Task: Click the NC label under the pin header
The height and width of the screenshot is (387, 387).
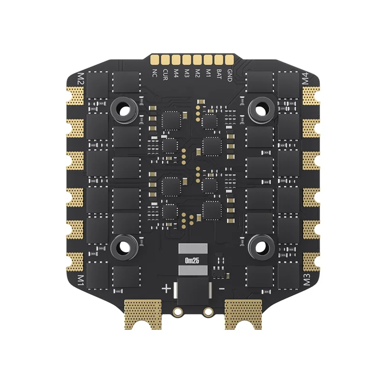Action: (155, 73)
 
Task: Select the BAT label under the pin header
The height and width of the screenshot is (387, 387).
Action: (219, 74)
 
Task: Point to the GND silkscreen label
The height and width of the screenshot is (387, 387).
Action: (230, 74)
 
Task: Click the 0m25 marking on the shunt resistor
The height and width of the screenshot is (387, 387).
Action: (193, 260)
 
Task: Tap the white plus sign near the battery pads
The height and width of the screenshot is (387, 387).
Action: (166, 289)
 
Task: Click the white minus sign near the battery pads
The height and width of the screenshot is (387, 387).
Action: (222, 288)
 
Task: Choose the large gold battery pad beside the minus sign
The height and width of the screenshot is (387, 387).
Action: (243, 312)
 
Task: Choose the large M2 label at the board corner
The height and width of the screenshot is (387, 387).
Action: (81, 78)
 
